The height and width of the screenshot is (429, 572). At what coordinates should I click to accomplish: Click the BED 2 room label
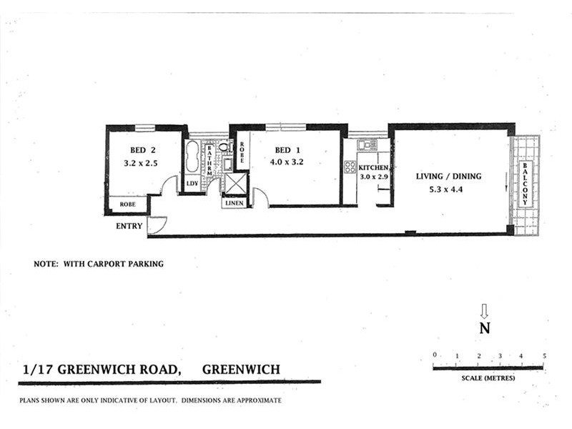click(x=142, y=150)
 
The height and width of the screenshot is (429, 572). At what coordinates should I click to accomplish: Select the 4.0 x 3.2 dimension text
click(x=286, y=162)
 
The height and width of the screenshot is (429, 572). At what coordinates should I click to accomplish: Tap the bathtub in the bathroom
click(x=192, y=157)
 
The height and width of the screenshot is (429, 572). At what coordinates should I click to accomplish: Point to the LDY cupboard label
click(x=192, y=184)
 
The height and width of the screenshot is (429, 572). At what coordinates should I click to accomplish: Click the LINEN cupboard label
click(x=235, y=203)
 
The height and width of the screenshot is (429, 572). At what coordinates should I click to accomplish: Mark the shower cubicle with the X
click(x=235, y=183)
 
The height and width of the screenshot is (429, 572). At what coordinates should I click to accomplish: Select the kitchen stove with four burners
click(x=350, y=167)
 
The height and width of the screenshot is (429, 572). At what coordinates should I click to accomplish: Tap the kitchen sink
click(x=367, y=145)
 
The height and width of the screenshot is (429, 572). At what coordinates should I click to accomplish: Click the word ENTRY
click(x=129, y=226)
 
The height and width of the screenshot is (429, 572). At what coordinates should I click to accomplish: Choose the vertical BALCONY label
click(x=525, y=184)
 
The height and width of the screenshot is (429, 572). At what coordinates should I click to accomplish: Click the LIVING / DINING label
click(x=449, y=177)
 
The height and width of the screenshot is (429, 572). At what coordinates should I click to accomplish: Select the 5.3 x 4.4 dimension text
click(x=449, y=190)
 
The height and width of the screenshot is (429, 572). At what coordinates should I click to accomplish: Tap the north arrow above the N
click(x=484, y=310)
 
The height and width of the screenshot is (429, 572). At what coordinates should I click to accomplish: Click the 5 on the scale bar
click(x=544, y=356)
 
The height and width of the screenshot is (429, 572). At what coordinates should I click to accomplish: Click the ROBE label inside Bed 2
click(x=127, y=204)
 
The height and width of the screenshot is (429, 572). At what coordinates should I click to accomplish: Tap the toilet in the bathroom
click(x=223, y=147)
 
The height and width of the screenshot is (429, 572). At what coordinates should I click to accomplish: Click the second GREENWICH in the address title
click(x=241, y=370)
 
